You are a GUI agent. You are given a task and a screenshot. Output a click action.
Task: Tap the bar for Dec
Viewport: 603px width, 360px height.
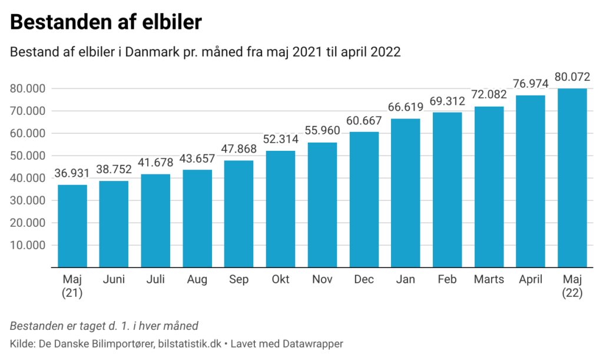click(x=364, y=200)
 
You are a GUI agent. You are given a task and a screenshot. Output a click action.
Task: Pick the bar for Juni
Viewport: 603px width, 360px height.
click(x=114, y=224)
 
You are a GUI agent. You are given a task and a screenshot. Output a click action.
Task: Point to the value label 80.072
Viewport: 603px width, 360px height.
click(x=572, y=77)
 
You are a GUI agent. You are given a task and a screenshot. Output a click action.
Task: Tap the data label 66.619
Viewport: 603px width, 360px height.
click(x=406, y=107)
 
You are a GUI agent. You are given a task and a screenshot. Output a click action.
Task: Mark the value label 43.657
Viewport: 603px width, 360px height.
click(x=197, y=158)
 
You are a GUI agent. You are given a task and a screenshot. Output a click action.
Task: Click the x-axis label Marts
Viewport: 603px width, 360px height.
click(x=489, y=279)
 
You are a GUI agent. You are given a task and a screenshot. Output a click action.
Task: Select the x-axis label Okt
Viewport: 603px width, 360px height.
click(x=280, y=279)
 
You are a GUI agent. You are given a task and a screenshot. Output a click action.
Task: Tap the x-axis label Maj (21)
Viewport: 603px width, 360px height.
click(x=72, y=286)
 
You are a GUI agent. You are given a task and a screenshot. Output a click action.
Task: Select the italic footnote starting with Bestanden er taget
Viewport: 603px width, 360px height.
click(x=104, y=325)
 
